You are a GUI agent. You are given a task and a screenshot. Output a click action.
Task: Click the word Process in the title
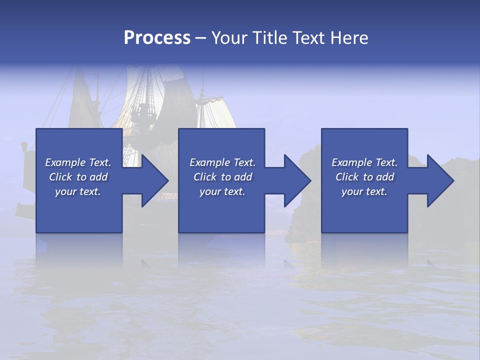157,38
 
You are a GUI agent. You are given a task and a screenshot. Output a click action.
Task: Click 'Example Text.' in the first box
78,162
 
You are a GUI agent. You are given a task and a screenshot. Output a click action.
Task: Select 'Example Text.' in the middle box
222,162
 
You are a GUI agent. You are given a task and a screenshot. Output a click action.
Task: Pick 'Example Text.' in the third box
364,162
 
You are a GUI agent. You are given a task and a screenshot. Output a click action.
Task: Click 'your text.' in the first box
78,191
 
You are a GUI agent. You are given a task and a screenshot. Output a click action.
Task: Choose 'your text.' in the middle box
222,191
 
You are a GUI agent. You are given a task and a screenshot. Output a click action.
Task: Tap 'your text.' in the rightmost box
364,191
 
